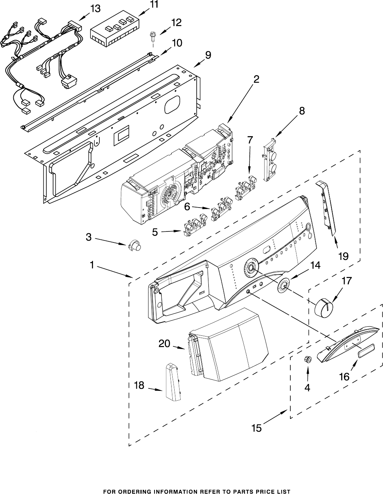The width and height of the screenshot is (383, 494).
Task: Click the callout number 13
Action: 95,9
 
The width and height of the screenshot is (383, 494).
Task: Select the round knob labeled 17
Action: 324,308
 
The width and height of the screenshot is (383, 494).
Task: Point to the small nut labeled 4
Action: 308,359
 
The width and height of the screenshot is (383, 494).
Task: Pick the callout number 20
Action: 164,343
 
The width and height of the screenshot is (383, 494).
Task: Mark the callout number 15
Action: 257,428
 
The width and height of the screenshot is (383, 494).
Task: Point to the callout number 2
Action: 256,79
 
